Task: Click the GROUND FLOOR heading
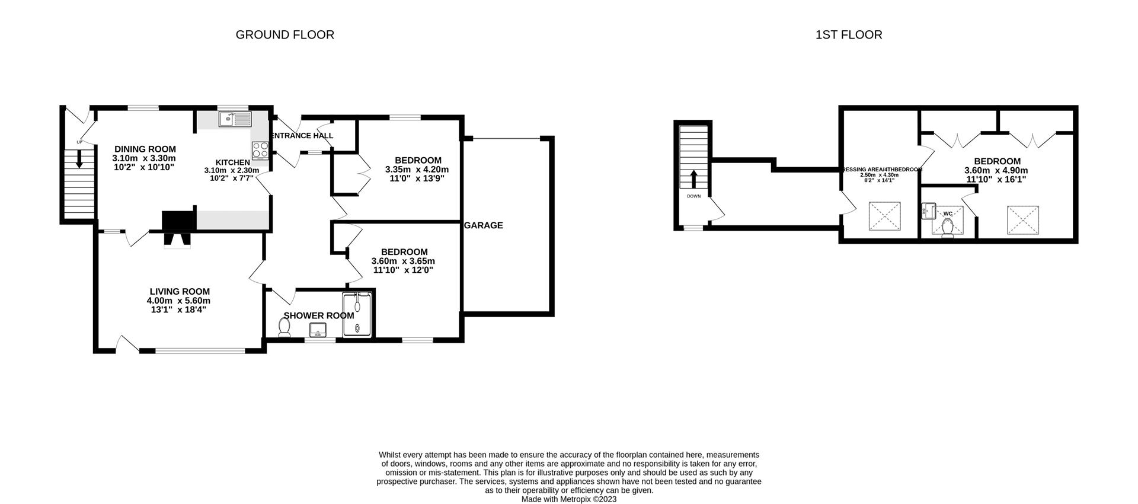[x=284, y=35]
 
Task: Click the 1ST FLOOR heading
[x=848, y=35]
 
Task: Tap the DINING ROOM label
[x=145, y=149]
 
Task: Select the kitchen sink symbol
[x=235, y=119]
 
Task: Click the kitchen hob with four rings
[x=260, y=151]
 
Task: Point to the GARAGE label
[x=484, y=225]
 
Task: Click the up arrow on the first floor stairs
[x=694, y=178]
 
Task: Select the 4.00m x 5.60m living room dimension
[x=178, y=301]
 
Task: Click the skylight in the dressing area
[x=884, y=216]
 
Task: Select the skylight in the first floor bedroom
[x=1024, y=220]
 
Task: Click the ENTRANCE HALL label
[x=302, y=136]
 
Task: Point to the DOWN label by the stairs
[x=693, y=196]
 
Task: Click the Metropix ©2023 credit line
[x=568, y=499]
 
